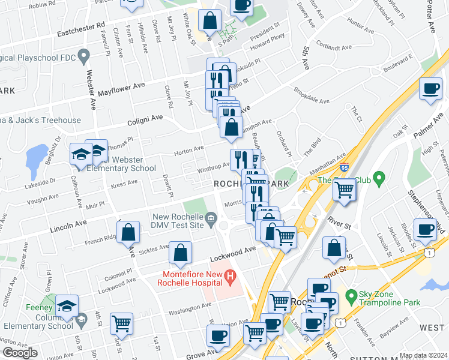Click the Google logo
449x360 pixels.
click(20, 353)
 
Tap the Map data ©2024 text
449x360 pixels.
click(423, 355)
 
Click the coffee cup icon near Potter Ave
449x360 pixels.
click(430, 89)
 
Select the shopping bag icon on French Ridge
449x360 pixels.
click(128, 232)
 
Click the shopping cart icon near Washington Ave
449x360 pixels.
click(122, 323)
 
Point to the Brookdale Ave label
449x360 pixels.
click(312, 96)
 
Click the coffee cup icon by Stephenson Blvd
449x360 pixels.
click(426, 229)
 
